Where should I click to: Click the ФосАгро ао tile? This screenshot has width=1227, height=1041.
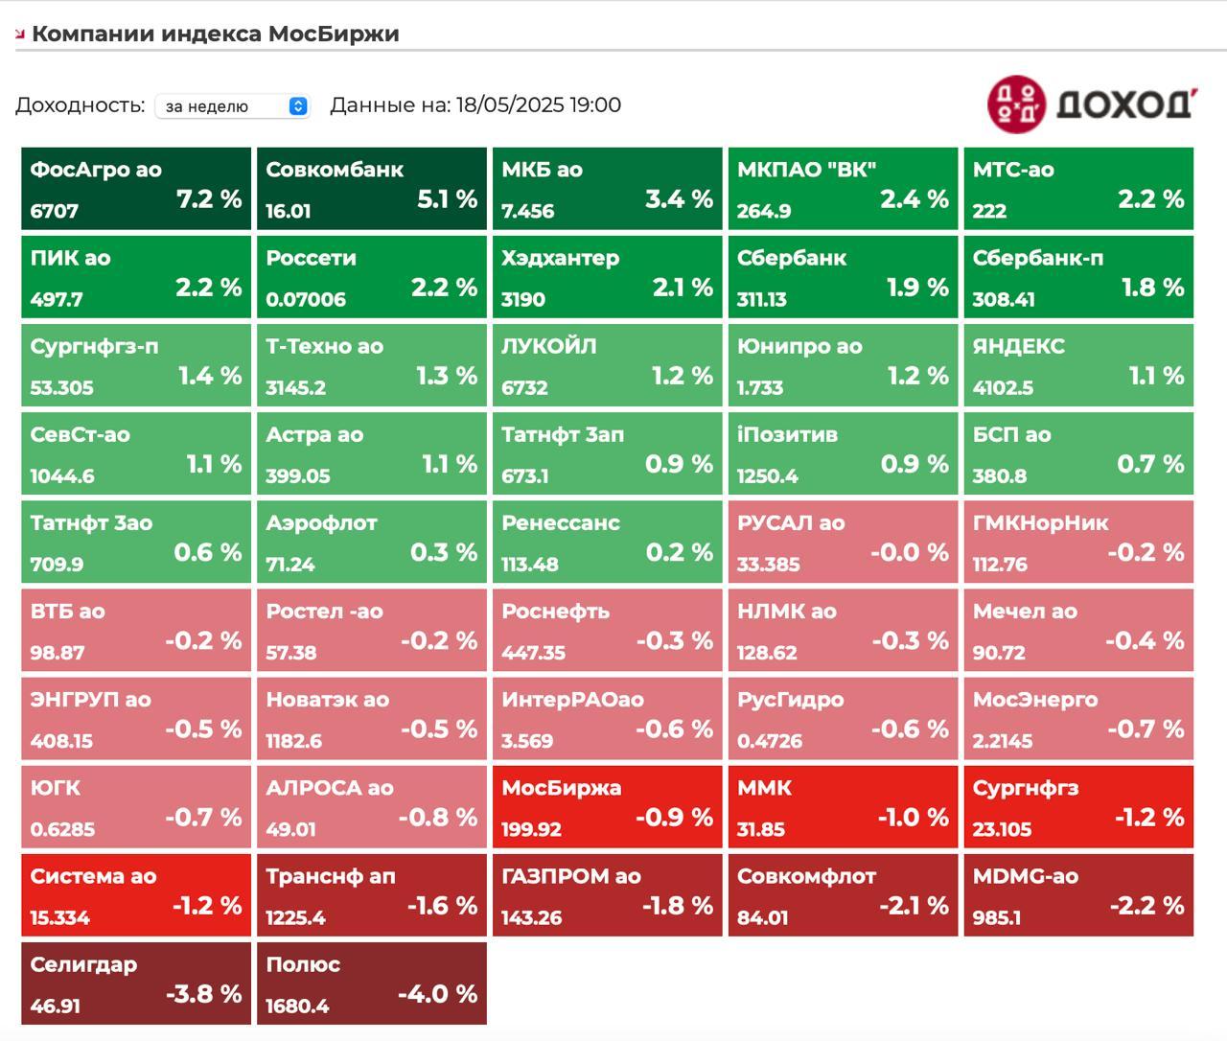136,189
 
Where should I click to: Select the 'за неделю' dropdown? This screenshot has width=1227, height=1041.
233,105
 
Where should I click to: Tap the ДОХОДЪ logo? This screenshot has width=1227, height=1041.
1092,104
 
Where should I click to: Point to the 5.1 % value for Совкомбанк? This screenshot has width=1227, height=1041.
447,199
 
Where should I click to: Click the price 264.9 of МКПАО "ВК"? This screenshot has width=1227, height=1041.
764,211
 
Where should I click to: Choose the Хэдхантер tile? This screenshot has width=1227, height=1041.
607,277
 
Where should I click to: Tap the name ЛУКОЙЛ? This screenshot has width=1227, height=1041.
548,346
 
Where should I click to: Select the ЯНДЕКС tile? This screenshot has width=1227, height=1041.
1078,365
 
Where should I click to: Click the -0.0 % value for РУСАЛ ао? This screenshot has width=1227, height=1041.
909,552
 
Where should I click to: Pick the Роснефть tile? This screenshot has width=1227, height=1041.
607,630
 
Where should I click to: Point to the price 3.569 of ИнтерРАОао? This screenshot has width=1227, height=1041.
527,741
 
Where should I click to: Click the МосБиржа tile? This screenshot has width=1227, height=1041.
607,807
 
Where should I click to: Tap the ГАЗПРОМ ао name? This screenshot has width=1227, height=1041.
570,876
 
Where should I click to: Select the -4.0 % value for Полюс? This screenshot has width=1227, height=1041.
437,994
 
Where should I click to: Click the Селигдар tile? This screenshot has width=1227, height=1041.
136,983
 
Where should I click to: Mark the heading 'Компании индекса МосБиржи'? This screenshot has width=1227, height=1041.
216,34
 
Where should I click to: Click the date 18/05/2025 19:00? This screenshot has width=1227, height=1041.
539,104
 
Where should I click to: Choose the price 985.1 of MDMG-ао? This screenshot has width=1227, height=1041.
997,917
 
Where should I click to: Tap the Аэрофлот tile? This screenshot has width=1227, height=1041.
371,542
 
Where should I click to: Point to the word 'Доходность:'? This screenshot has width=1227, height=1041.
80,104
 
